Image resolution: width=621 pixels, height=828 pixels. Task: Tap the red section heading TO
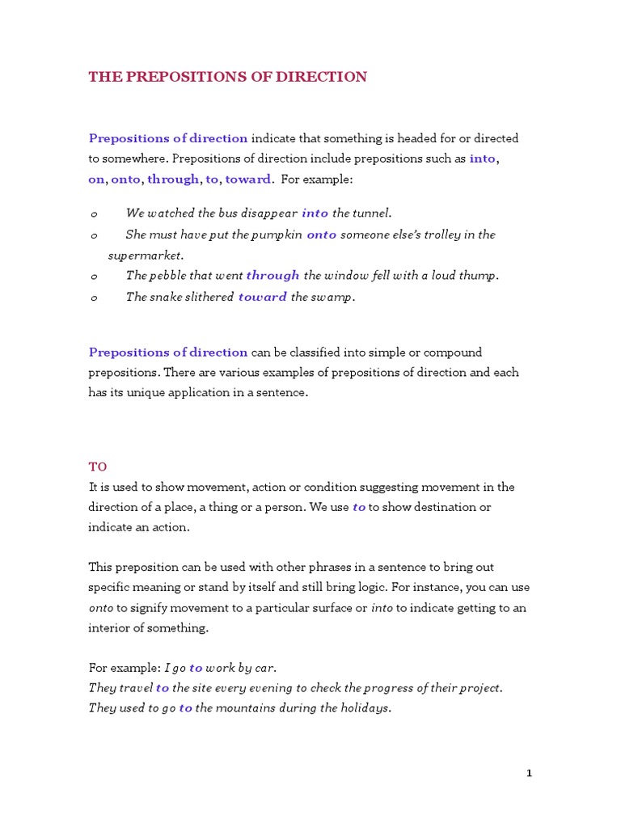click(97, 467)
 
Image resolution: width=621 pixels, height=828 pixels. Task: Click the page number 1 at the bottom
click(529, 773)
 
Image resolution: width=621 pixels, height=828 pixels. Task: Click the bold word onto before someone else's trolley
click(321, 234)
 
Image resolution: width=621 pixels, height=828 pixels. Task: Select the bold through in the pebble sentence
click(272, 276)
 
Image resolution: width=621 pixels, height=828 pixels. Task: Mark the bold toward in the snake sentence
click(262, 297)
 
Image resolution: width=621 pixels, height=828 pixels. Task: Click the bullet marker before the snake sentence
click(94, 298)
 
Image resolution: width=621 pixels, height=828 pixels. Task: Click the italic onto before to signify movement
click(100, 608)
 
